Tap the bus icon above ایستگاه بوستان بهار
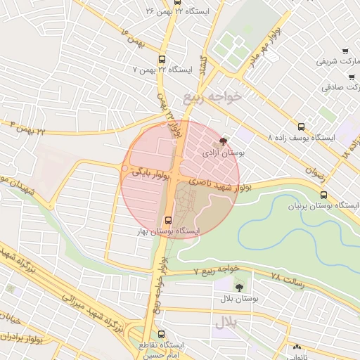coord(167,219)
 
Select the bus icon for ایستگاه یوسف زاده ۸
coord(302,127)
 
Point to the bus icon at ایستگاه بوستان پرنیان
coord(323,195)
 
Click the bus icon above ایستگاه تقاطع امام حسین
coord(162,335)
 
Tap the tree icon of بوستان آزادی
coord(224,141)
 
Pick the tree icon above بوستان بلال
coord(239,287)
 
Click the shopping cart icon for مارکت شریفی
coord(345,50)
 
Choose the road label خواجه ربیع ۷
coord(218,269)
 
